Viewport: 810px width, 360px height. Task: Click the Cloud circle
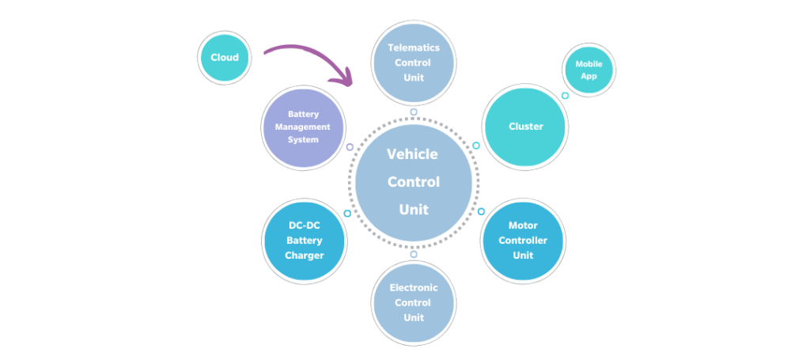[x=225, y=57]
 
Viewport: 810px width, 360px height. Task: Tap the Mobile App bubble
[x=588, y=70]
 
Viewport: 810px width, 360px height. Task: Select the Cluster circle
[x=525, y=127]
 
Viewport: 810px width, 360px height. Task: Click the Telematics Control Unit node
[x=413, y=63]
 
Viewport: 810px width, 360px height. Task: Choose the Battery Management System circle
[x=304, y=127]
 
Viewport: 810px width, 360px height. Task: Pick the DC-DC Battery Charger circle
[x=304, y=240]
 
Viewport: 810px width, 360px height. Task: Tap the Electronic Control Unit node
[x=413, y=302]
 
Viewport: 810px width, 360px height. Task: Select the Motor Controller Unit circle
[x=522, y=240]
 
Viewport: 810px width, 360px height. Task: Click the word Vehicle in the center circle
[x=412, y=154]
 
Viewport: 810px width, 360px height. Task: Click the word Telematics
[x=413, y=47]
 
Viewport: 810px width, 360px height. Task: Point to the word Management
[x=304, y=127]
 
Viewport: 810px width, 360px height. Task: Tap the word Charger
[x=305, y=256]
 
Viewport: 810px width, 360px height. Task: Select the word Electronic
[x=413, y=287]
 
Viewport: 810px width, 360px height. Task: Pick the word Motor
[x=523, y=225]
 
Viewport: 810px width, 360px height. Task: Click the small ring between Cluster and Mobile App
[x=565, y=96]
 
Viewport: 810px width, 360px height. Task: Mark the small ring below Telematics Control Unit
[x=413, y=112]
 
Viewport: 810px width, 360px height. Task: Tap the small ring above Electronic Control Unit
[x=413, y=254]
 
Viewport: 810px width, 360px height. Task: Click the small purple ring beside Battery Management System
[x=350, y=147]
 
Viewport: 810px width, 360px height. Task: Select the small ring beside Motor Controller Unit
[x=481, y=211]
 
